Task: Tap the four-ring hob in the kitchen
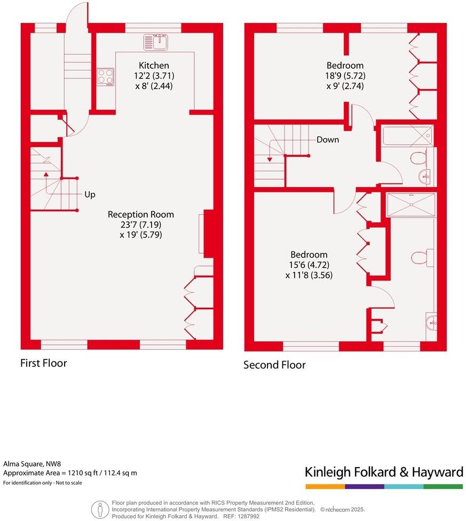point(105,77)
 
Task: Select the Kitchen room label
point(154,66)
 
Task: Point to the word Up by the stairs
point(90,195)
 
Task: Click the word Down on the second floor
point(328,140)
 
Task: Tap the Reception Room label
point(141,214)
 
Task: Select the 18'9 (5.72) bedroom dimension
point(346,76)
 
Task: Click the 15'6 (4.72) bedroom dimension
point(309,265)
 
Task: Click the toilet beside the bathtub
point(419,158)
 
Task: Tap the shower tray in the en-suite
point(411,205)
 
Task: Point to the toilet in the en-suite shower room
point(419,258)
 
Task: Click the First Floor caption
point(44,363)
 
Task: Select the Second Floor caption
point(274,365)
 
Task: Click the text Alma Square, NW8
point(28,464)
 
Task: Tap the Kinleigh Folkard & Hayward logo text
point(384,472)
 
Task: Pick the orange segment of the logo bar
point(325,486)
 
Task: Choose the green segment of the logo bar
point(443,486)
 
